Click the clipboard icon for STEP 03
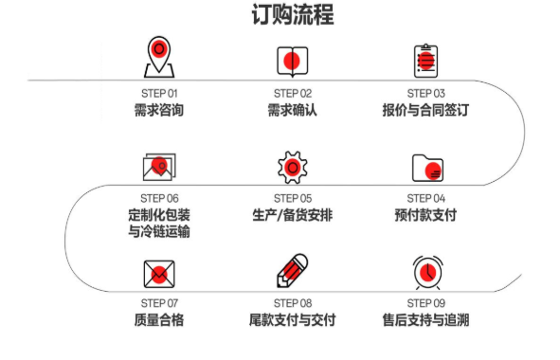pyautogui.click(x=425, y=60)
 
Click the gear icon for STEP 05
pyautogui.click(x=292, y=167)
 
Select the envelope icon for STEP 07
pyautogui.click(x=158, y=273)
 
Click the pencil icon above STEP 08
pyautogui.click(x=292, y=272)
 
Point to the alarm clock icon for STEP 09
pyautogui.click(x=426, y=272)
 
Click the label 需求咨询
pyautogui.click(x=158, y=110)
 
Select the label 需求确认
pyautogui.click(x=292, y=110)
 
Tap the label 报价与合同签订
pyautogui.click(x=425, y=110)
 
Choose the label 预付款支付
pyautogui.click(x=425, y=215)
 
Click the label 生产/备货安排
pyautogui.click(x=292, y=215)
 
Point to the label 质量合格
pyautogui.click(x=158, y=319)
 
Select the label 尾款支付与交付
pyautogui.click(x=292, y=319)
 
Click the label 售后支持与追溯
pyautogui.click(x=425, y=319)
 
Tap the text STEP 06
pyautogui.click(x=158, y=198)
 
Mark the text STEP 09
pyautogui.click(x=425, y=302)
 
